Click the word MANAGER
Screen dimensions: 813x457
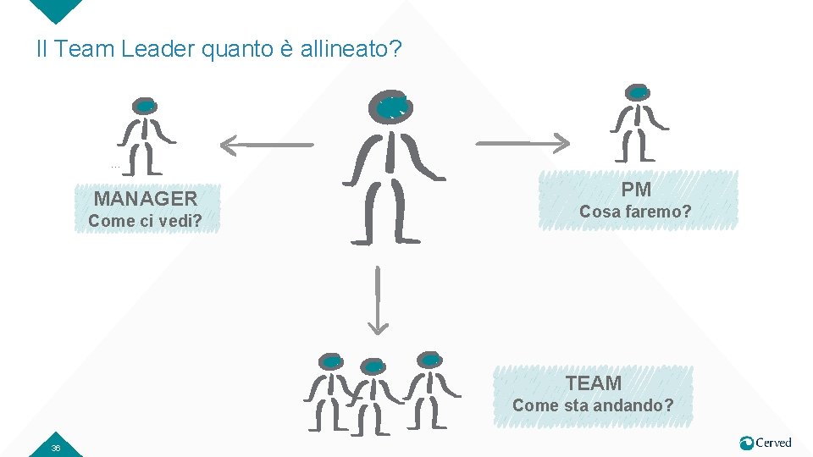[145, 199]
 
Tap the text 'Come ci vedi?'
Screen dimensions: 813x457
[145, 222]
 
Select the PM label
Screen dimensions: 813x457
[635, 190]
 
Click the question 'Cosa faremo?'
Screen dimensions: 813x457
[635, 212]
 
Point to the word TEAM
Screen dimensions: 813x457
[593, 383]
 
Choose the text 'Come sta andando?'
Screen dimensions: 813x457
[593, 405]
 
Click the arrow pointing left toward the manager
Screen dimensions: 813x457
[265, 145]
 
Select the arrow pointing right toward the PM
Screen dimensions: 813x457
[523, 142]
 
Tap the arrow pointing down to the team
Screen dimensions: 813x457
[378, 300]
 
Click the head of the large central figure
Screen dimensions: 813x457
[391, 107]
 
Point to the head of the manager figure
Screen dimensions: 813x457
[145, 106]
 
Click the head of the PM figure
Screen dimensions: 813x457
[638, 92]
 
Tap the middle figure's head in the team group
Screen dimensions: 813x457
[373, 366]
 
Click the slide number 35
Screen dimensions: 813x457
[56, 448]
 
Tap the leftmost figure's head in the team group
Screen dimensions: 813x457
[332, 361]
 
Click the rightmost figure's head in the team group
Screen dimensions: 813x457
[429, 360]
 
